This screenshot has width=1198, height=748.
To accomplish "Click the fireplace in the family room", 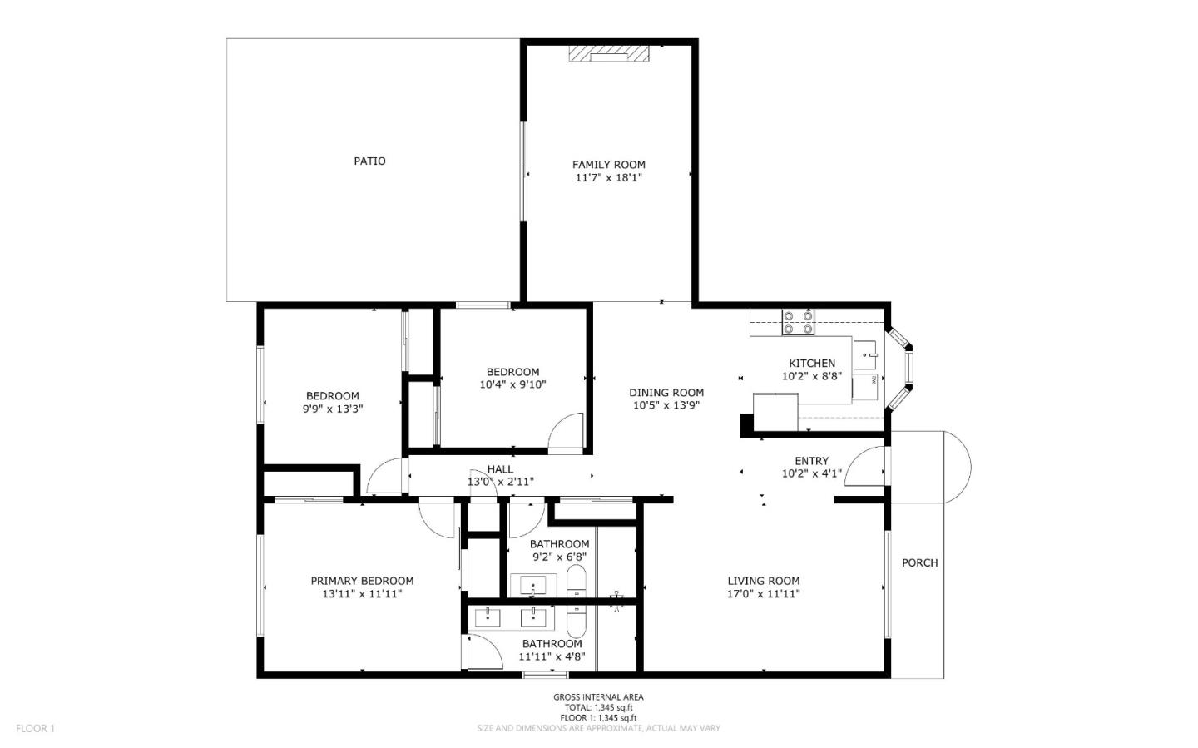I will coord(608,53).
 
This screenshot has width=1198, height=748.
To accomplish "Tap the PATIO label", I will coord(369,161).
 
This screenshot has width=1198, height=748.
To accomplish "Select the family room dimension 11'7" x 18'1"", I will coord(608,178).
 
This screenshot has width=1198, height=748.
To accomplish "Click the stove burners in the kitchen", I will coord(798,322).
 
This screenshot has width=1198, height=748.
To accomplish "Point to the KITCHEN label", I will coord(811,363).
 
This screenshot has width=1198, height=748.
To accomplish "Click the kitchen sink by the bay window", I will coord(865,355).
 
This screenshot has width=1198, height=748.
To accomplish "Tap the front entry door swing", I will coord(869,466).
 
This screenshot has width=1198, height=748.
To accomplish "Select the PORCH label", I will coord(919,562).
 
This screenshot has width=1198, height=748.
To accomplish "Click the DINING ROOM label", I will coord(666,393).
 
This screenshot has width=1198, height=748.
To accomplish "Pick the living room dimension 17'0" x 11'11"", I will coord(763,594).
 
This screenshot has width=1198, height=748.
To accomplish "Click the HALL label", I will coord(500,469).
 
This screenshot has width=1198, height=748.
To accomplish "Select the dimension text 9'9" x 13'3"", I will coord(333,409).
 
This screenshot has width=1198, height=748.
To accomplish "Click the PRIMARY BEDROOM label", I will coord(362,581).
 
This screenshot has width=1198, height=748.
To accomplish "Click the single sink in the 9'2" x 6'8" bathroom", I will coord(532,585).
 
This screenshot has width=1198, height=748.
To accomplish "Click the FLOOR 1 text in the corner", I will coord(35,728).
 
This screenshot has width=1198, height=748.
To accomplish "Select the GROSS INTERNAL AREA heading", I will coord(598,697).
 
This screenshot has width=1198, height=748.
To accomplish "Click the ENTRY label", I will coord(811,461).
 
